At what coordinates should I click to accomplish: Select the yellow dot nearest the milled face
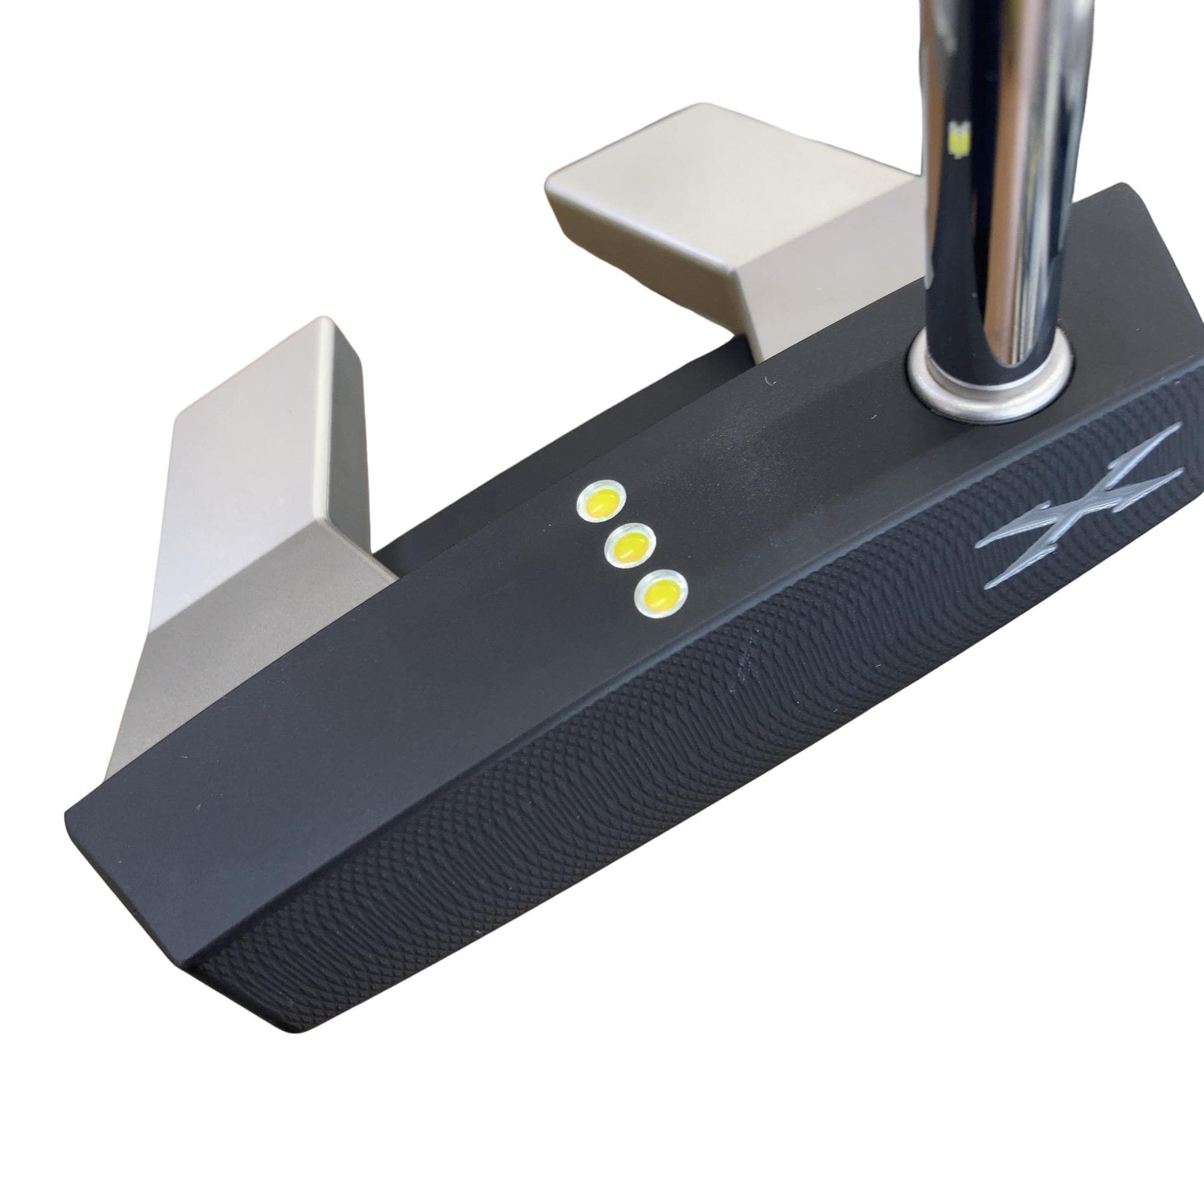[x=659, y=594]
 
